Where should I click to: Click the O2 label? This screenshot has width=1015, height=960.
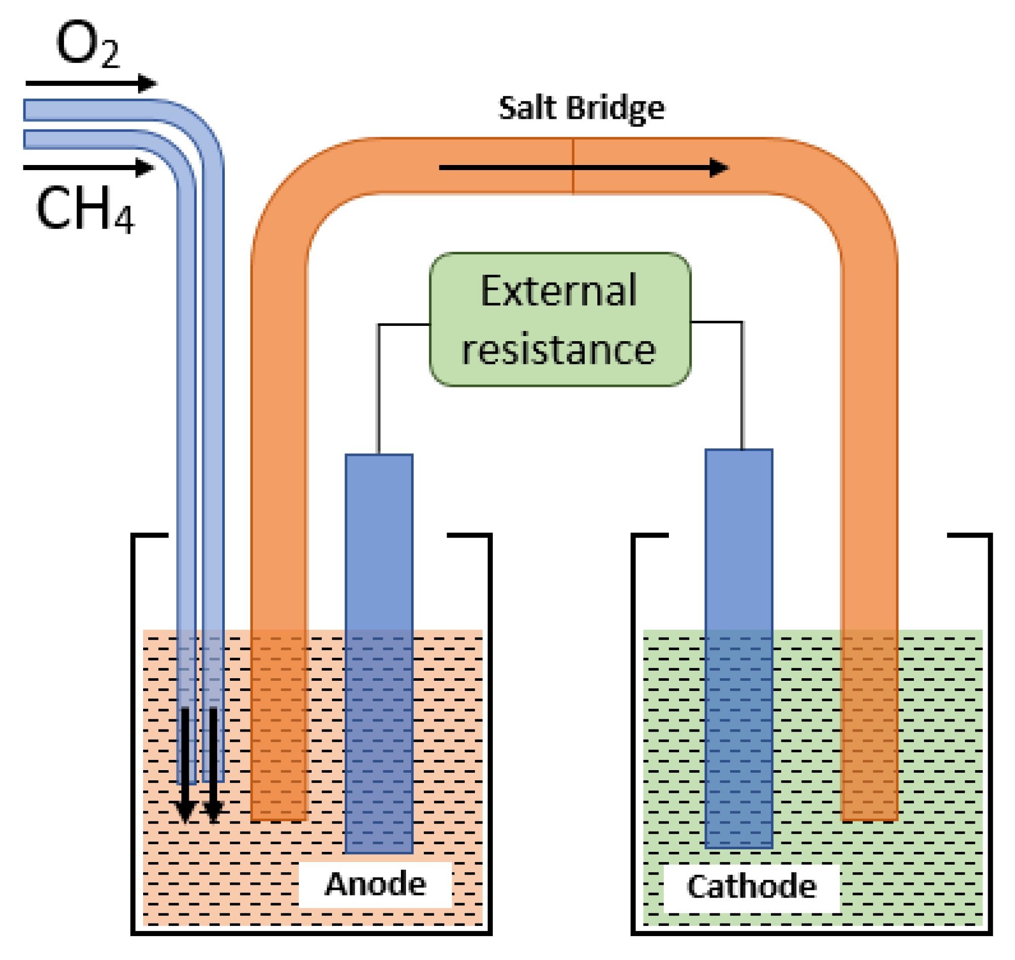pos(87,45)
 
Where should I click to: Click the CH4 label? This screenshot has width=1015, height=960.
pos(85,209)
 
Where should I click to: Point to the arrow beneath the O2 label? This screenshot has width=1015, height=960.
pos(91,83)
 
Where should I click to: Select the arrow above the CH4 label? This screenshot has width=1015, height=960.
pos(88,168)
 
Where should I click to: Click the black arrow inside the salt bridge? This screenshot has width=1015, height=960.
pos(583,168)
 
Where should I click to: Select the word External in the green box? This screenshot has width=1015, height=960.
pos(559,291)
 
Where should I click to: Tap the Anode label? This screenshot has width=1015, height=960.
pos(375,884)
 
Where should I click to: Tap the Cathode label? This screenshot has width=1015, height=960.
pos(751,886)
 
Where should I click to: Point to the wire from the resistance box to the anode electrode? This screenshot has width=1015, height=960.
pos(378,389)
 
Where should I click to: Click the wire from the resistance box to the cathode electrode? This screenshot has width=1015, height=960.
pos(742,384)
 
